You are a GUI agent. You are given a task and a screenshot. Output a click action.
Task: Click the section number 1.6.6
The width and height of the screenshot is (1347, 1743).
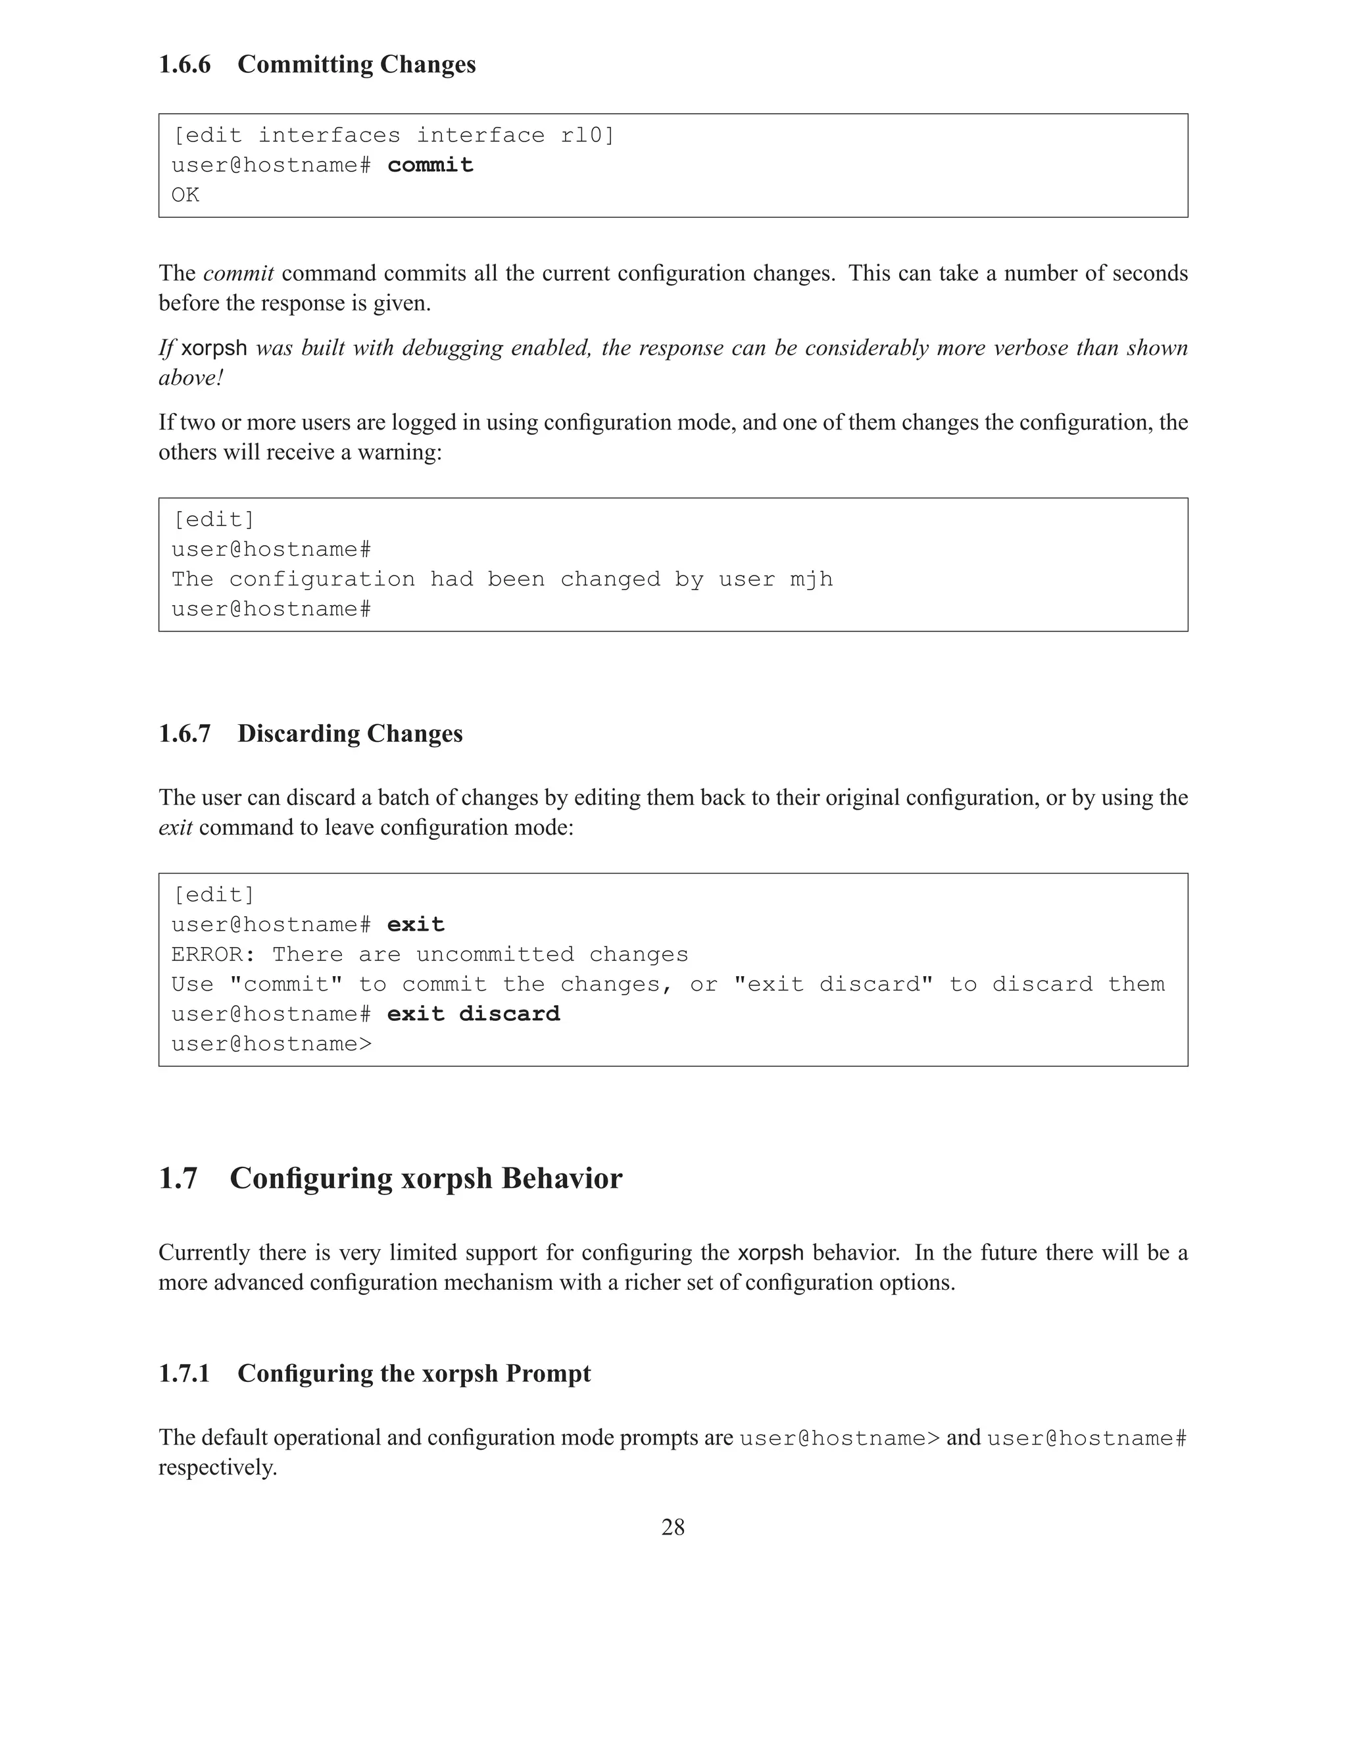pyautogui.click(x=184, y=64)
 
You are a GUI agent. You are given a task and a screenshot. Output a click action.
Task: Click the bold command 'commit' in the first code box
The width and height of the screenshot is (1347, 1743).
pyautogui.click(x=430, y=165)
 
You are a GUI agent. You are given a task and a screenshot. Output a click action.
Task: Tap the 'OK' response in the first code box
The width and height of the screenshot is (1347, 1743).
pyautogui.click(x=185, y=195)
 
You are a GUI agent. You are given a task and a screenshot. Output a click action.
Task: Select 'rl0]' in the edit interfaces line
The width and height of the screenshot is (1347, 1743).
pyautogui.click(x=587, y=135)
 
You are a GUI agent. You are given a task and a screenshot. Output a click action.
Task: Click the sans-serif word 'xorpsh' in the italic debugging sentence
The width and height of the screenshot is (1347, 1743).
pyautogui.click(x=214, y=349)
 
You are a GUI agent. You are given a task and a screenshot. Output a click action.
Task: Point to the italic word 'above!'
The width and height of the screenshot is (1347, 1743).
pyautogui.click(x=190, y=378)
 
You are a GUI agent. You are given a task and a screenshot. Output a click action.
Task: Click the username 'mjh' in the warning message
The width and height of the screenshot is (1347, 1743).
pyautogui.click(x=811, y=579)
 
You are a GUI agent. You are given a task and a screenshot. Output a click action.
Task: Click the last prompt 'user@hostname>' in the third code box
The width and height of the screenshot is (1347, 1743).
pyautogui.click(x=272, y=1044)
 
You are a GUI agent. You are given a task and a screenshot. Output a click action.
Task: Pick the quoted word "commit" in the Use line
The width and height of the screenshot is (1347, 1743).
pyautogui.click(x=285, y=984)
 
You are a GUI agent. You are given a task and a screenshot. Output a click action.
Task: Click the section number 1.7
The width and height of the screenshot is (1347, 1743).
pyautogui.click(x=178, y=1178)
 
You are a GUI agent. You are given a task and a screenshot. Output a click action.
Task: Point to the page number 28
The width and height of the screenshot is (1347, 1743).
pyautogui.click(x=673, y=1527)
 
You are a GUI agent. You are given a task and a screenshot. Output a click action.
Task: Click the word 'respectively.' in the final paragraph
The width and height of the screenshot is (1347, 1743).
pyautogui.click(x=217, y=1467)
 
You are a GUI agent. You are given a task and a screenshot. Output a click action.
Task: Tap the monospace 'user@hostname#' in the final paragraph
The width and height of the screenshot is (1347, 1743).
pyautogui.click(x=1087, y=1438)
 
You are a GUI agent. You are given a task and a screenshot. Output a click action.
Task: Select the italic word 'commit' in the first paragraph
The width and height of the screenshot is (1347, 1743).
pyautogui.click(x=239, y=274)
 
